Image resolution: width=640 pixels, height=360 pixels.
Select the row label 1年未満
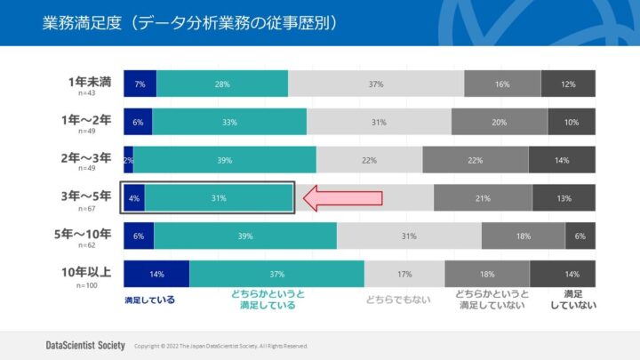point(90,82)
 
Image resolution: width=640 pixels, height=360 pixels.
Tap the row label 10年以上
point(87,272)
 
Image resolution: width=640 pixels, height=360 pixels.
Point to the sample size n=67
point(86,208)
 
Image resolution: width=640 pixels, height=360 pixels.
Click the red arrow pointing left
point(343,198)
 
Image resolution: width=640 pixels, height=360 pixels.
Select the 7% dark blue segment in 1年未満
point(140,84)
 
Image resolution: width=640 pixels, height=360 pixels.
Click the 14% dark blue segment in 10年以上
point(156,274)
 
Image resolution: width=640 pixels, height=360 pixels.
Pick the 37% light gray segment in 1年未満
point(376,84)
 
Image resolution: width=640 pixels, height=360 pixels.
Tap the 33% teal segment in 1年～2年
point(229,122)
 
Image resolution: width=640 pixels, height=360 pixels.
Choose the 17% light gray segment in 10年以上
point(404,274)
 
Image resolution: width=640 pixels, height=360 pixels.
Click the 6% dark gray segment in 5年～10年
point(580,236)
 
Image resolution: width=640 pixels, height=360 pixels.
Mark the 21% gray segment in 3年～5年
point(483,198)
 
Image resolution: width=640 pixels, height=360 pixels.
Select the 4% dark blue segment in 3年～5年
point(133,198)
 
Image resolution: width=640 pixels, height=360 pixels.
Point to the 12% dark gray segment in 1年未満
point(568,84)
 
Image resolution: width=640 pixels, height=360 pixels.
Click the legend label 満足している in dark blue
point(149,300)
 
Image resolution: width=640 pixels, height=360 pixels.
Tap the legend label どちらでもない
point(398,300)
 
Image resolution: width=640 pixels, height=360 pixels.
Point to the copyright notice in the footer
point(220,345)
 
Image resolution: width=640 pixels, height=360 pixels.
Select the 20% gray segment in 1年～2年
point(500,122)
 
